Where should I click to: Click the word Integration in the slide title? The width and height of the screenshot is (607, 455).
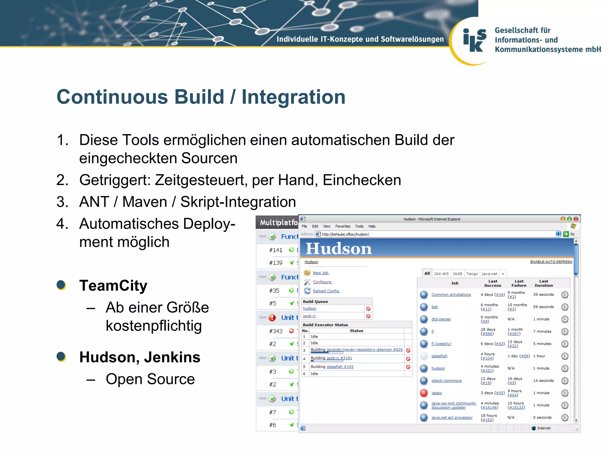[293, 97]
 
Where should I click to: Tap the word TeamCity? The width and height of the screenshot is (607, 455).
[113, 286]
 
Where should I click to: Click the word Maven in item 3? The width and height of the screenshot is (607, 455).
[145, 202]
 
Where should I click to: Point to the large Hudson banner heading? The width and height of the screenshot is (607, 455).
[338, 248]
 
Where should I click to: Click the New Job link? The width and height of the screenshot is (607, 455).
[321, 273]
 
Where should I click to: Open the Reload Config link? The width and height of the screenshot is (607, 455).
[326, 291]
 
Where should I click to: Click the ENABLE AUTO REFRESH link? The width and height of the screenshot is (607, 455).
[551, 262]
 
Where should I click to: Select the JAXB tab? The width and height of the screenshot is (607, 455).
[457, 274]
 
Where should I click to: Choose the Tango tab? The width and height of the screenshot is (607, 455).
[472, 274]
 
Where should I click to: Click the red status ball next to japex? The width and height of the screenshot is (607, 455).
[424, 393]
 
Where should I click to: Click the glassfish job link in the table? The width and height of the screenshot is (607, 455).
[439, 356]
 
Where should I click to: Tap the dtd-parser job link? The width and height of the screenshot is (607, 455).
[441, 319]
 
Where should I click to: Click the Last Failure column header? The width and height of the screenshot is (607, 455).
[519, 283]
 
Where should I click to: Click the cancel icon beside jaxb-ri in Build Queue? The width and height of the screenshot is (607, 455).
[368, 316]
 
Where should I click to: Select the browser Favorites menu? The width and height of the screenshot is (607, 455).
[343, 226]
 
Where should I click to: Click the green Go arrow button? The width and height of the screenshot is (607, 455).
[566, 234]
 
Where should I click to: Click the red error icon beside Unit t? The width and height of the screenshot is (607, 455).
[272, 318]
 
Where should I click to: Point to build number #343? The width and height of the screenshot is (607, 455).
[276, 331]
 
